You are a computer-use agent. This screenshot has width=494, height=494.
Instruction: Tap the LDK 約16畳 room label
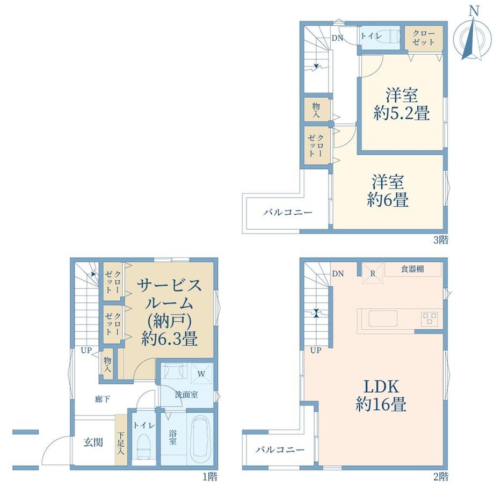(381, 395)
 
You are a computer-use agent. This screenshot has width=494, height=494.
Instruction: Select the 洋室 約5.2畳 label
(402, 104)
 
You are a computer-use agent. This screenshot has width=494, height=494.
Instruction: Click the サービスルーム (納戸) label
(169, 312)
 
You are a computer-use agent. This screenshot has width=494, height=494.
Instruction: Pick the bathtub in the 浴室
(200, 437)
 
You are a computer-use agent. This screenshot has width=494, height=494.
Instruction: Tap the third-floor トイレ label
(371, 35)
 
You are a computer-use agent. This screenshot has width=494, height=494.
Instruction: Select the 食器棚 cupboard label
(412, 268)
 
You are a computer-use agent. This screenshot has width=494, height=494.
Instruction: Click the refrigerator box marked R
(373, 273)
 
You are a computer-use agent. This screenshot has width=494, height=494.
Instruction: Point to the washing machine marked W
(201, 374)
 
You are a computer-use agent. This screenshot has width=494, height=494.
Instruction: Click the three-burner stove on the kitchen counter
(430, 319)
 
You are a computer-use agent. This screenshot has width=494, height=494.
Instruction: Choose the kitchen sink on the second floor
(383, 319)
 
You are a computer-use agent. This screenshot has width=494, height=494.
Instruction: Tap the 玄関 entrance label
(93, 442)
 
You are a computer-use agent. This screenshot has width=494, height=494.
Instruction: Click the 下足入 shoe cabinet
(121, 440)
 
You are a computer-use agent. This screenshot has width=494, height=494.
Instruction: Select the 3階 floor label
(441, 240)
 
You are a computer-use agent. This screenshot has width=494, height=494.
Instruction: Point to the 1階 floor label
(210, 477)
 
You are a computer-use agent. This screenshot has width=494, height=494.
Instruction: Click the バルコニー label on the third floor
(288, 212)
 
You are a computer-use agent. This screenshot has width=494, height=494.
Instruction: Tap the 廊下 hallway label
(103, 399)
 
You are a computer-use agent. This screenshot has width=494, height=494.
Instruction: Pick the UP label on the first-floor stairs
(86, 350)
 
